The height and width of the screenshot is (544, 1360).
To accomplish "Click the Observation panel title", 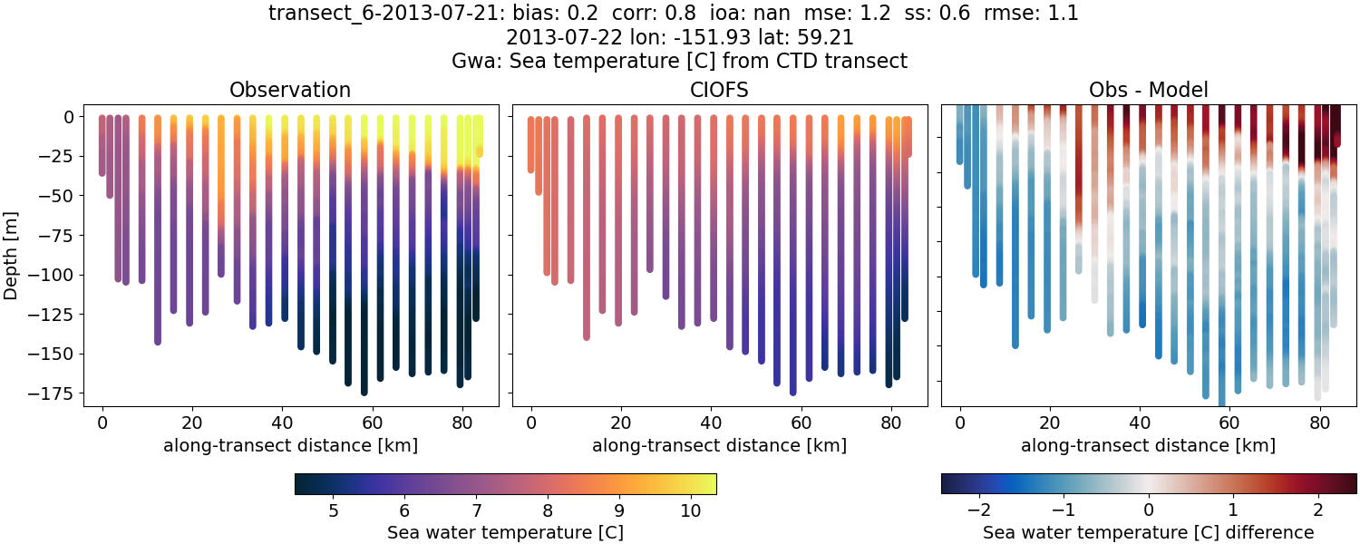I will [x=289, y=90].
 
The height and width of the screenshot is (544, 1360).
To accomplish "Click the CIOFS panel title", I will [x=720, y=90].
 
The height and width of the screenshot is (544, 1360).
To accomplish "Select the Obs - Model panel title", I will [x=1148, y=90].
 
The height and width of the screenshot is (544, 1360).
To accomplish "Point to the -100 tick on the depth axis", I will [x=63, y=275].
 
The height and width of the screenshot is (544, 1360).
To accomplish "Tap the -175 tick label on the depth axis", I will [x=63, y=393].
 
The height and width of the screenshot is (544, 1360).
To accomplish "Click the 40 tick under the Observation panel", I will [x=281, y=422].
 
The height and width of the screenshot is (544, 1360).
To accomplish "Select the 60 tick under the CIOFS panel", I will [x=801, y=422].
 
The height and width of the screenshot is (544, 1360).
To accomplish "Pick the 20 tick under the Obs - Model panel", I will [x=1050, y=422].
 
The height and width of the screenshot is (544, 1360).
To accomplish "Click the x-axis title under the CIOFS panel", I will [x=719, y=445].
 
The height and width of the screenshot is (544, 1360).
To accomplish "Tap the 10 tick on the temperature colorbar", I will [x=690, y=510].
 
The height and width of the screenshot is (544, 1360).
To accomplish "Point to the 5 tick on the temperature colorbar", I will [x=333, y=510].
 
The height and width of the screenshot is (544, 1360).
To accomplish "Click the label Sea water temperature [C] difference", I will [x=1148, y=532].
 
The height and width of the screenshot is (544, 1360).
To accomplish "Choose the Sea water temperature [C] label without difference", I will [x=505, y=532].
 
